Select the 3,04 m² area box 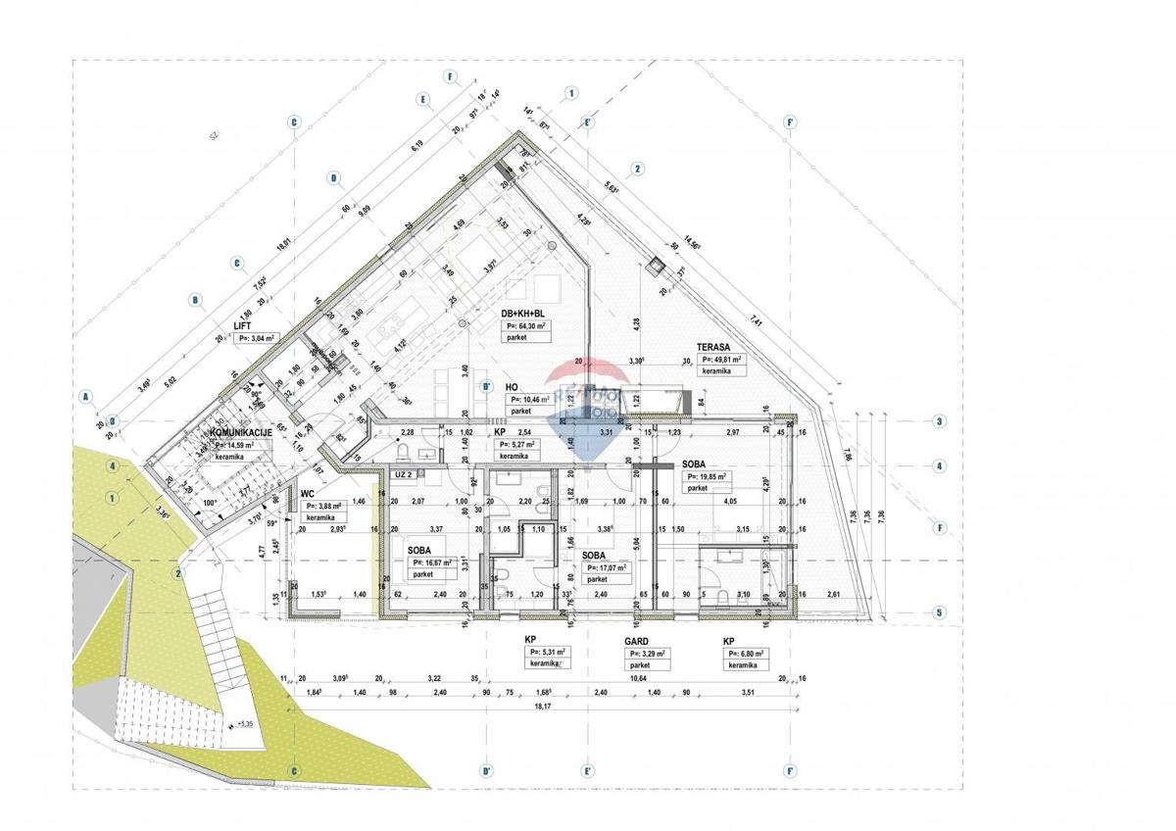tap(258, 337)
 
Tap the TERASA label tap(716, 347)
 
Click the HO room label tap(512, 387)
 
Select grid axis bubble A tap(86, 397)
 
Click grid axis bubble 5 tap(939, 614)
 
